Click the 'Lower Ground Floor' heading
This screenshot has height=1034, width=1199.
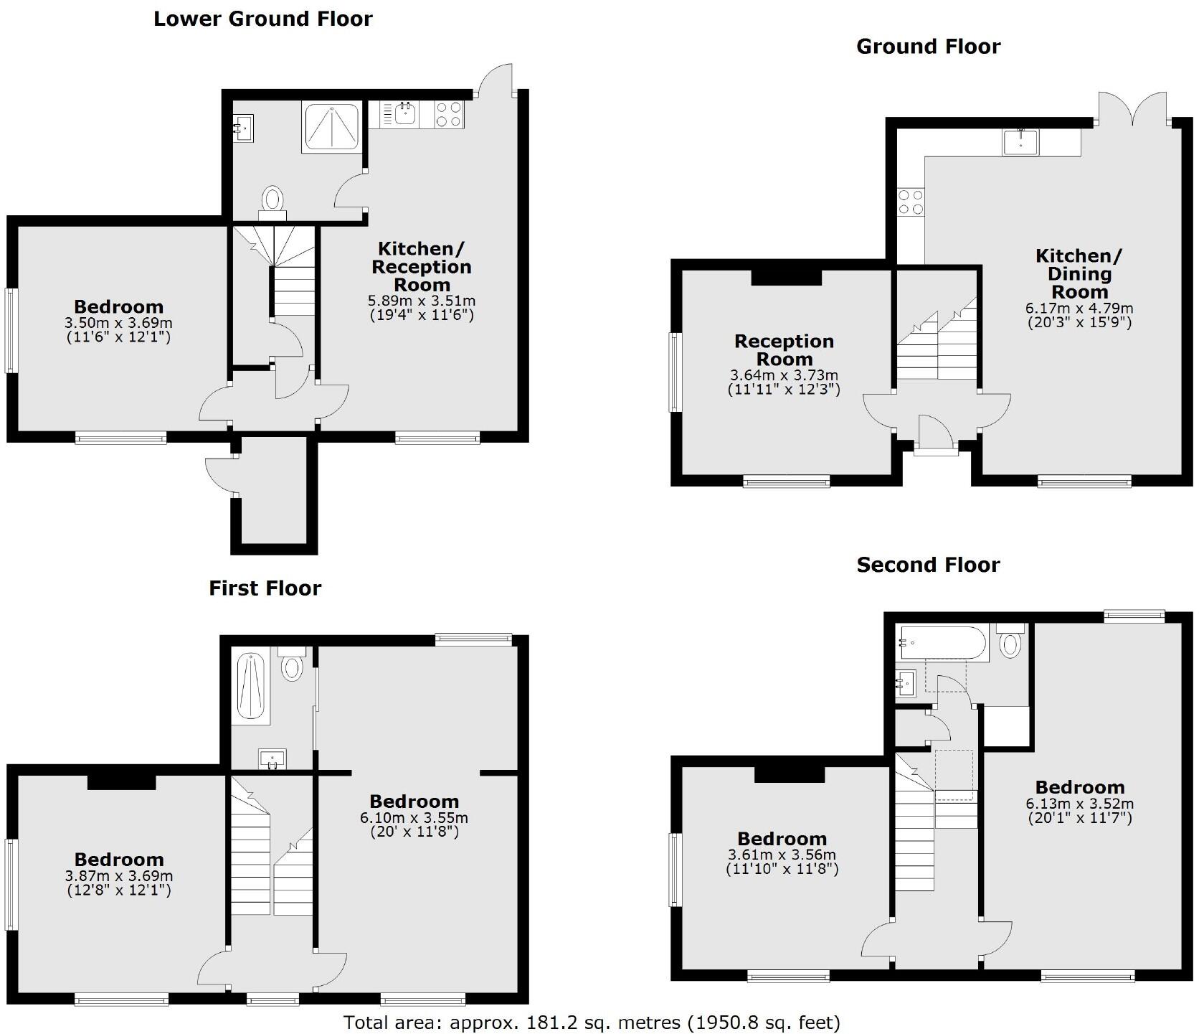[263, 19]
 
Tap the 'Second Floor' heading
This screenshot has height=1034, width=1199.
[928, 565]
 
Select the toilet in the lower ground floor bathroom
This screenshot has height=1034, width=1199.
[272, 199]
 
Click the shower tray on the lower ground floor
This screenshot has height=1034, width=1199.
[331, 126]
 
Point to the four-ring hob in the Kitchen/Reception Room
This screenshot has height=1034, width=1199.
[449, 114]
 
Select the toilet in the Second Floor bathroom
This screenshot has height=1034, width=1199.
[1010, 643]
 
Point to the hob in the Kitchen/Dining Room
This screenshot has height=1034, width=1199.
[911, 201]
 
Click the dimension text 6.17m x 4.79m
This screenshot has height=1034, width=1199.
[1079, 309]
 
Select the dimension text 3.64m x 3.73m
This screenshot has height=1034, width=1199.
[784, 375]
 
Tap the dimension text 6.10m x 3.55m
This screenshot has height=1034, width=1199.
[414, 818]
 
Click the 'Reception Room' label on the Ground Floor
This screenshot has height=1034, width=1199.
[784, 349]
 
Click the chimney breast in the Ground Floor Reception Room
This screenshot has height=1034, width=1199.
[786, 277]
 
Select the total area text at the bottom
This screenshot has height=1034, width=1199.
[592, 1022]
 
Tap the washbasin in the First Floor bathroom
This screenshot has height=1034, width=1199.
[272, 758]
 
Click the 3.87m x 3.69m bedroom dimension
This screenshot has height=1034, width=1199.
[118, 876]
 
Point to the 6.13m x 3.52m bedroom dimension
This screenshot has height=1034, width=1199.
[1079, 804]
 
